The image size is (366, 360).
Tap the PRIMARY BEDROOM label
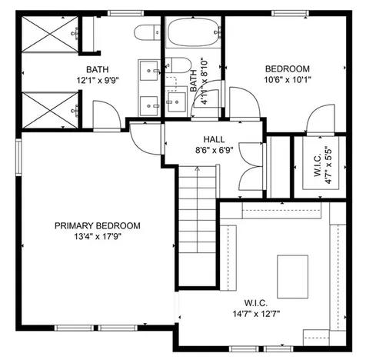[x=98, y=225]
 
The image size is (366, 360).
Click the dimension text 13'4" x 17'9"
[x=98, y=236]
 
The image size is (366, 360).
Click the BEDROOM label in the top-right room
[x=288, y=68]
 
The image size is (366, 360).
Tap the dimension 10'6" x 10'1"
[x=288, y=79]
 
